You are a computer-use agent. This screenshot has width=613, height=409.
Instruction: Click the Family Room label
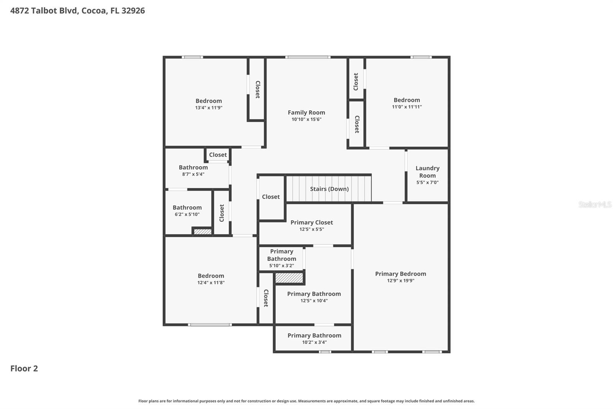click(x=306, y=112)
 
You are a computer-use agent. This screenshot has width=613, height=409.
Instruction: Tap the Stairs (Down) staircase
click(x=329, y=188)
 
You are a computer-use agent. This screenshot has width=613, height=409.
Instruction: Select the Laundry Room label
click(x=427, y=172)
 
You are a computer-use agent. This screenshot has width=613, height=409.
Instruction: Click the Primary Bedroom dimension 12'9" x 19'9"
click(x=400, y=280)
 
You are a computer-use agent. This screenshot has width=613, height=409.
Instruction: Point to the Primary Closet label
click(x=311, y=222)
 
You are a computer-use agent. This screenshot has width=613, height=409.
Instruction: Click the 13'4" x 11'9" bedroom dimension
click(x=208, y=108)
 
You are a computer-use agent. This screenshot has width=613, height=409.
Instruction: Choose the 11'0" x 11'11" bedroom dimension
click(x=406, y=107)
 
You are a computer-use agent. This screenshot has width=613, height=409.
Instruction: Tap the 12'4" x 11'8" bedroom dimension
click(x=211, y=283)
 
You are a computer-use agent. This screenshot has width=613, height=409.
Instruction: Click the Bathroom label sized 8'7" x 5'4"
click(x=193, y=167)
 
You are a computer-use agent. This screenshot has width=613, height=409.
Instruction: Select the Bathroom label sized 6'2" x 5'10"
click(x=187, y=208)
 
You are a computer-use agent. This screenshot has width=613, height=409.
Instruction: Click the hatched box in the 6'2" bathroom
click(x=202, y=231)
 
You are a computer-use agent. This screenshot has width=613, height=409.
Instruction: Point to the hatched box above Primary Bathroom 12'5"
click(x=289, y=278)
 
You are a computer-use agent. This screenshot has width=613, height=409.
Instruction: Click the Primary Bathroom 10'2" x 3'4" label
click(x=314, y=335)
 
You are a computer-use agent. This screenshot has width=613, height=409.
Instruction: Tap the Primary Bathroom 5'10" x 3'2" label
click(x=281, y=255)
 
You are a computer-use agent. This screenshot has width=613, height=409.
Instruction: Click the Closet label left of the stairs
click(x=270, y=197)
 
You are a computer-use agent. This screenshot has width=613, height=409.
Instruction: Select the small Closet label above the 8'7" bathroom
click(x=218, y=155)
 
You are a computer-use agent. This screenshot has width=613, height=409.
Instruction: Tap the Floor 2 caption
click(x=24, y=368)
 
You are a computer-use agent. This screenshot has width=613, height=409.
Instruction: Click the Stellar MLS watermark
click(x=595, y=204)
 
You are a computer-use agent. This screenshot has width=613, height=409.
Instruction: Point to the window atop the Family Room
click(x=308, y=58)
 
